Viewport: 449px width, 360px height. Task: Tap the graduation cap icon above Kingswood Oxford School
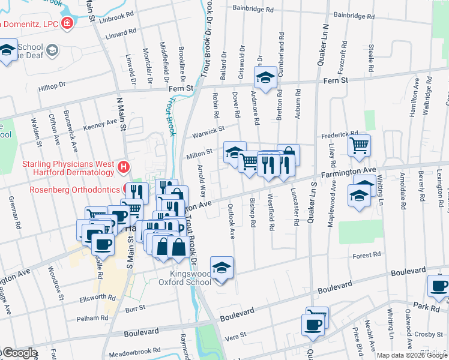point(221,267)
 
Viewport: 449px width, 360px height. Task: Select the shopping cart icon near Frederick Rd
point(359,144)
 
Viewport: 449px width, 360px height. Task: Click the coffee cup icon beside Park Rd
point(439,286)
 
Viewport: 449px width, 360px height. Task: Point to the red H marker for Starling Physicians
point(123,167)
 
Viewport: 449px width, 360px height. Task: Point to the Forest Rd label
point(367,254)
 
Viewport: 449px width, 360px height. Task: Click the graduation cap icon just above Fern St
point(265,77)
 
